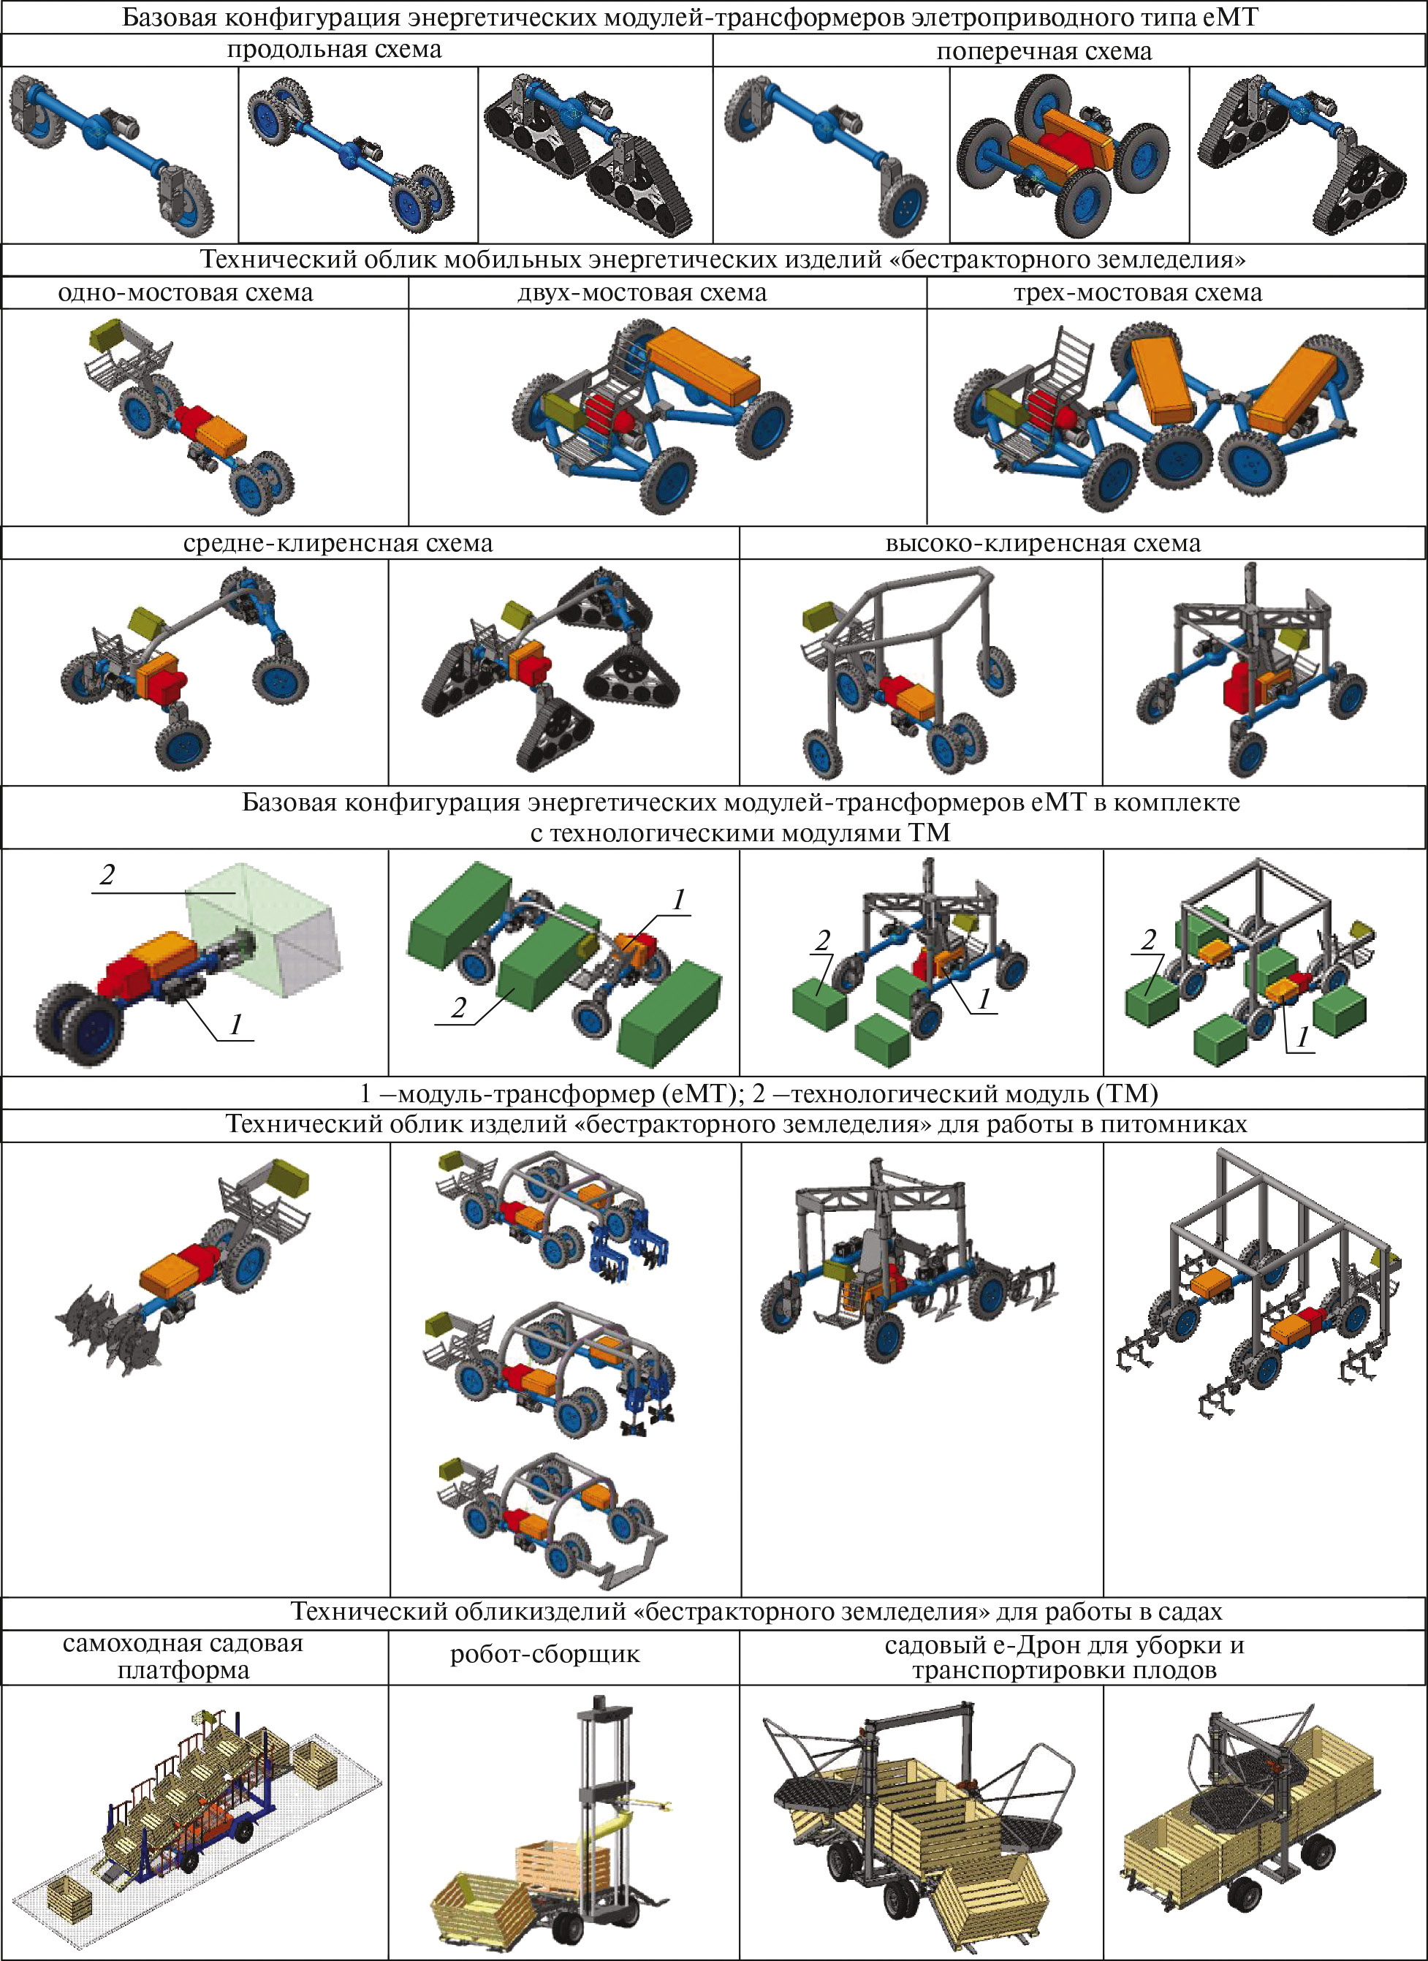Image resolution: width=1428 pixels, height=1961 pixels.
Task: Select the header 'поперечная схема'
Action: (x=1044, y=51)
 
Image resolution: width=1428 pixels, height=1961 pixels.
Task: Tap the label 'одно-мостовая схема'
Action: (x=185, y=292)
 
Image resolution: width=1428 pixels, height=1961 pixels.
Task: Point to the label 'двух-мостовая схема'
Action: (x=642, y=292)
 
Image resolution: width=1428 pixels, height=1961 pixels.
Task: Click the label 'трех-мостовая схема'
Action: (x=1138, y=292)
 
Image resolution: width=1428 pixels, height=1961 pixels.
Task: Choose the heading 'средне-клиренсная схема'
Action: (x=337, y=543)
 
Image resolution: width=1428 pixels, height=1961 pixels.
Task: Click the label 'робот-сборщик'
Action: (x=544, y=1654)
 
